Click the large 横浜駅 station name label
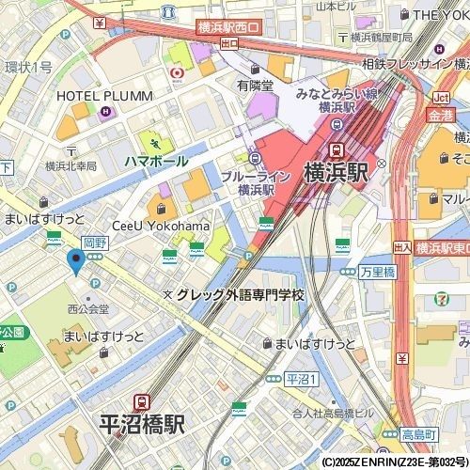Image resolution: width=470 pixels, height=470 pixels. click(337, 174)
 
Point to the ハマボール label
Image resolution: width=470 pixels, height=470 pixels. click(156, 161)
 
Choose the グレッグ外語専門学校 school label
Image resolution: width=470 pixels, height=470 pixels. click(241, 295)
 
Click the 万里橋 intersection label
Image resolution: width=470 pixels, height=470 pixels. click(377, 270)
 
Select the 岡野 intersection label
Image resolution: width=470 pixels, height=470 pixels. click(95, 243)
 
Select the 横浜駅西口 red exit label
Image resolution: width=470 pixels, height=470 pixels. click(228, 29)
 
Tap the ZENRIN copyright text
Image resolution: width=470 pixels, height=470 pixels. click(394, 462)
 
